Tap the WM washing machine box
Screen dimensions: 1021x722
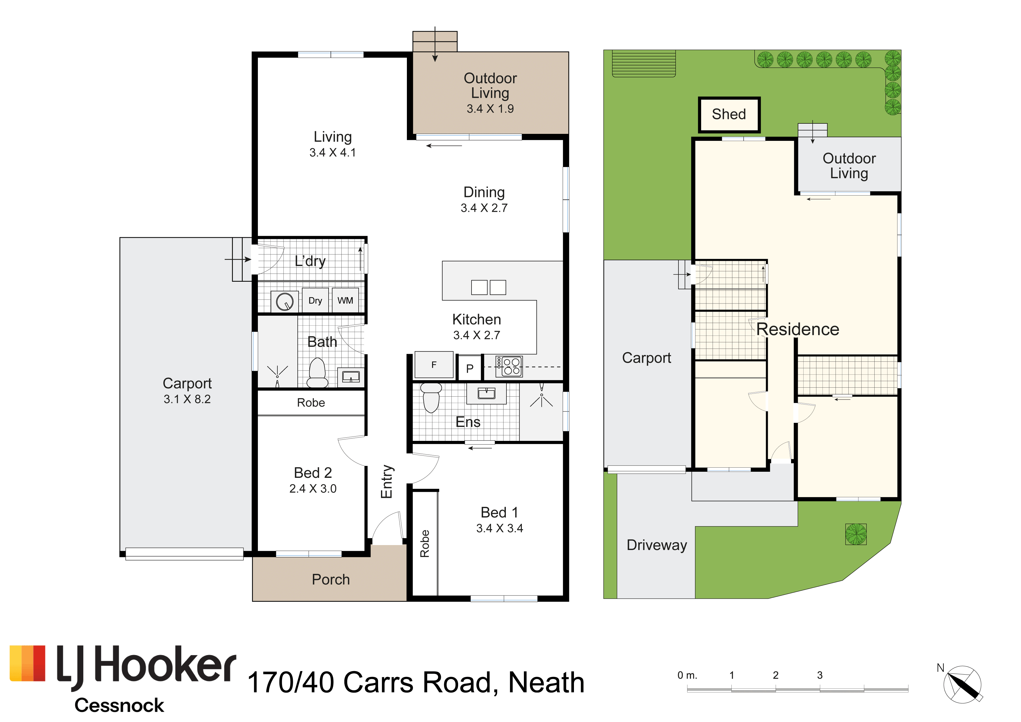click(345, 301)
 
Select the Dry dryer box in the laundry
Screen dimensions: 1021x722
click(315, 301)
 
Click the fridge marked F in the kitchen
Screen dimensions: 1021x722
click(434, 365)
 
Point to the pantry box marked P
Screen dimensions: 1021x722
click(469, 368)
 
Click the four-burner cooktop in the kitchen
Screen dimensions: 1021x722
click(509, 366)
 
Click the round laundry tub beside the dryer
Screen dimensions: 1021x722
click(285, 302)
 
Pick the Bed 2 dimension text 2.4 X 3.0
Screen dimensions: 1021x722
click(313, 489)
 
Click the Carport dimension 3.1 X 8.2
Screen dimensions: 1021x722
click(187, 399)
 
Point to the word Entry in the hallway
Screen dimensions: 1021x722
click(387, 482)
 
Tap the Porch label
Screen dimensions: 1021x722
click(331, 579)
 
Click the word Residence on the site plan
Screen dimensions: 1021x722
click(798, 329)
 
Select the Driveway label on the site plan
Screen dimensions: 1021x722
click(657, 545)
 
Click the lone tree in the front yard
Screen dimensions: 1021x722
click(856, 534)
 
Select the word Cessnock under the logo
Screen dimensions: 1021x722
click(119, 705)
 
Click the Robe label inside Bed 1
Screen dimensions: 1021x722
click(425, 543)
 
